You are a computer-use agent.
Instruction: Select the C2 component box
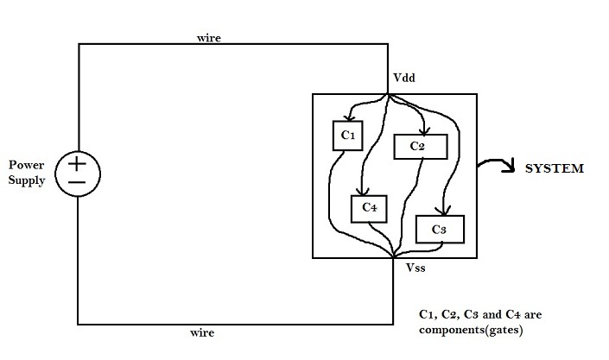coord(420,147)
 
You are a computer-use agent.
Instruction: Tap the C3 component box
coord(440,230)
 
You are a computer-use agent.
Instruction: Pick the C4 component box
coord(369,208)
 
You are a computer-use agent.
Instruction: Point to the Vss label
coord(417,268)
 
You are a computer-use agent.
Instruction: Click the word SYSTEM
coord(555,168)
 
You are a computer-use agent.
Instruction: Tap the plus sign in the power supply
coord(78,163)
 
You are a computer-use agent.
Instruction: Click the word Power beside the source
coord(26,164)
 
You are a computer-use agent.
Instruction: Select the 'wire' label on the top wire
coord(208,38)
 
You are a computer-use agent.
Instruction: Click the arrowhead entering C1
coord(347,118)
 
